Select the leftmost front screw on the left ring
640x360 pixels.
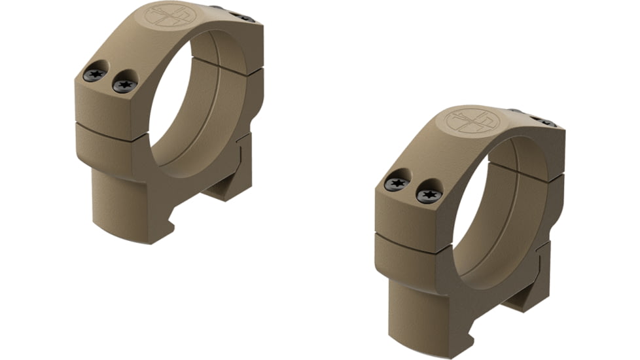tap(96, 75)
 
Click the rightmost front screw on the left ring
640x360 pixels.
tap(124, 84)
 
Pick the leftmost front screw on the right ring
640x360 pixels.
tap(396, 184)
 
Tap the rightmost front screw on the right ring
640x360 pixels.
tap(429, 194)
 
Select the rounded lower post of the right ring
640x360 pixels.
tap(419, 308)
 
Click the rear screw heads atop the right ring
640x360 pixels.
tap(541, 121)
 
